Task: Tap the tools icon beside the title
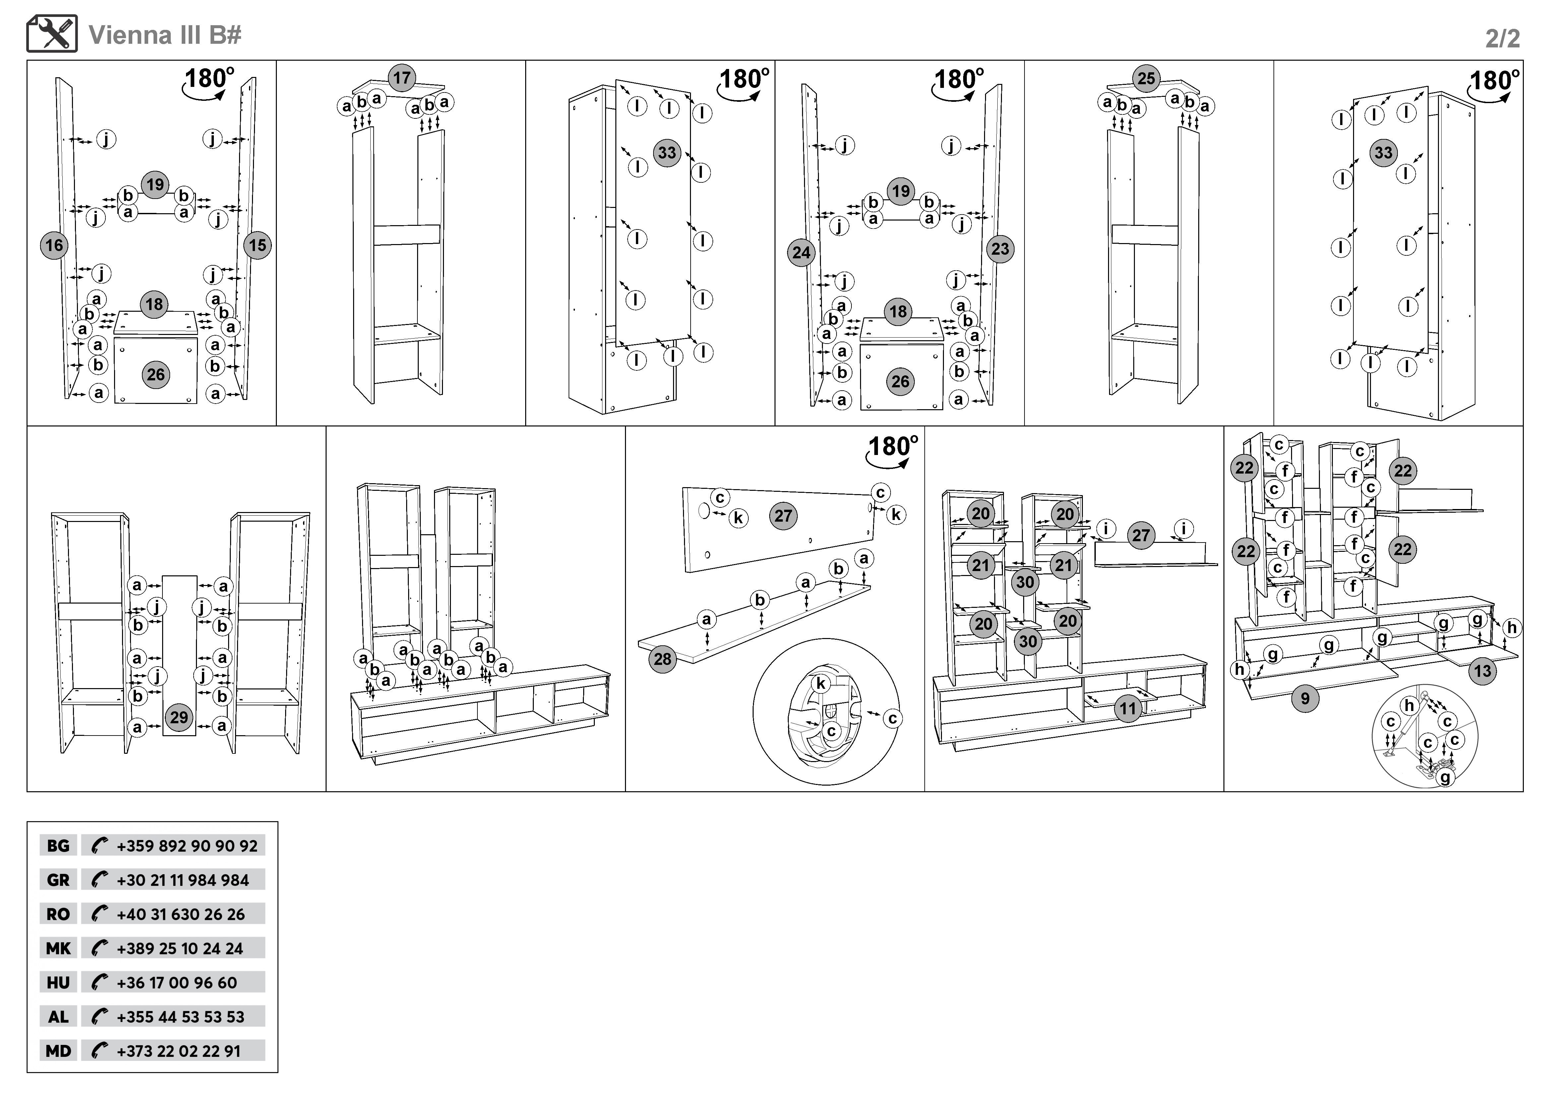point(52,34)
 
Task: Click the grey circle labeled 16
point(54,245)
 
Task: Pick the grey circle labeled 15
point(257,245)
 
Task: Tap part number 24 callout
point(801,253)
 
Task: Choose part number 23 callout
point(1000,249)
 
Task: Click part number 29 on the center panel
point(179,717)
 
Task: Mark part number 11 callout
point(1128,709)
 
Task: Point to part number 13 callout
point(1482,671)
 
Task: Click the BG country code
point(58,846)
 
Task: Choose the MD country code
point(58,1051)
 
